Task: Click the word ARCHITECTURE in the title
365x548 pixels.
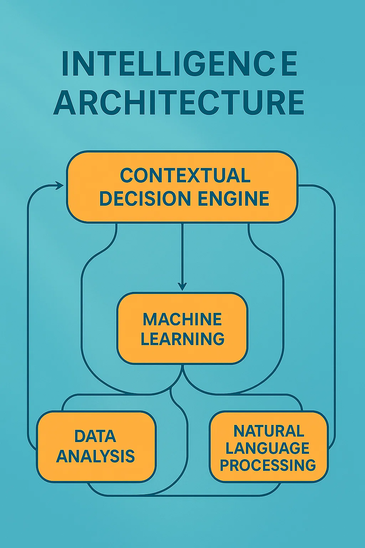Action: [179, 102]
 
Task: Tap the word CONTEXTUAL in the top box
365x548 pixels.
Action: [185, 176]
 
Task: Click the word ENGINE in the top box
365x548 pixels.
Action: [233, 199]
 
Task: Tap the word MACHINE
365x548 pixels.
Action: [182, 319]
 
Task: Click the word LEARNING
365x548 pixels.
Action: [182, 339]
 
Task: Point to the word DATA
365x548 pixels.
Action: [95, 436]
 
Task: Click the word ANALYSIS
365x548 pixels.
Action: [96, 456]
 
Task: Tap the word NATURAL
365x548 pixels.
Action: [269, 431]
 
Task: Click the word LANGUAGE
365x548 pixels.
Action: [267, 448]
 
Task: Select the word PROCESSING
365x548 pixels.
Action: [268, 465]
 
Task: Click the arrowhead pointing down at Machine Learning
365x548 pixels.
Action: [182, 286]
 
